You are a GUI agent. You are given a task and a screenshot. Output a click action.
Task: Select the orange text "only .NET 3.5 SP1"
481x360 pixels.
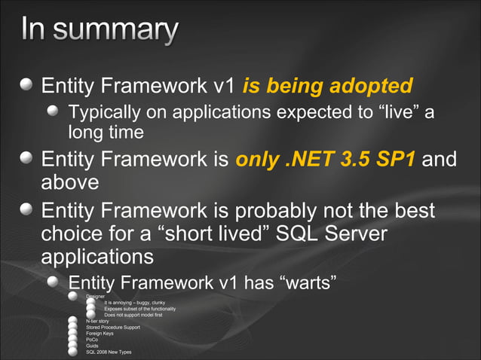tap(325, 160)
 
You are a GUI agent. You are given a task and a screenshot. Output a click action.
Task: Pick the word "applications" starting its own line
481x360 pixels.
tap(97, 256)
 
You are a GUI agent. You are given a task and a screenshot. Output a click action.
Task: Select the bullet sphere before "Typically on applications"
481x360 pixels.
tap(54, 113)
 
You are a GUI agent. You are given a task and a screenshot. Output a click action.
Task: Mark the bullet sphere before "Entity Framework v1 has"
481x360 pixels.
tap(54, 283)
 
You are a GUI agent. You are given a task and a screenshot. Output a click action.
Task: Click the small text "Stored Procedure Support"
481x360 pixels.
tap(113, 328)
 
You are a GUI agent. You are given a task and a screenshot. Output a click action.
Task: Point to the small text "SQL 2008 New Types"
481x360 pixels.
tap(109, 352)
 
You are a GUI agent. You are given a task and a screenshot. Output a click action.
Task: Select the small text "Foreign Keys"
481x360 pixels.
tap(100, 334)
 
